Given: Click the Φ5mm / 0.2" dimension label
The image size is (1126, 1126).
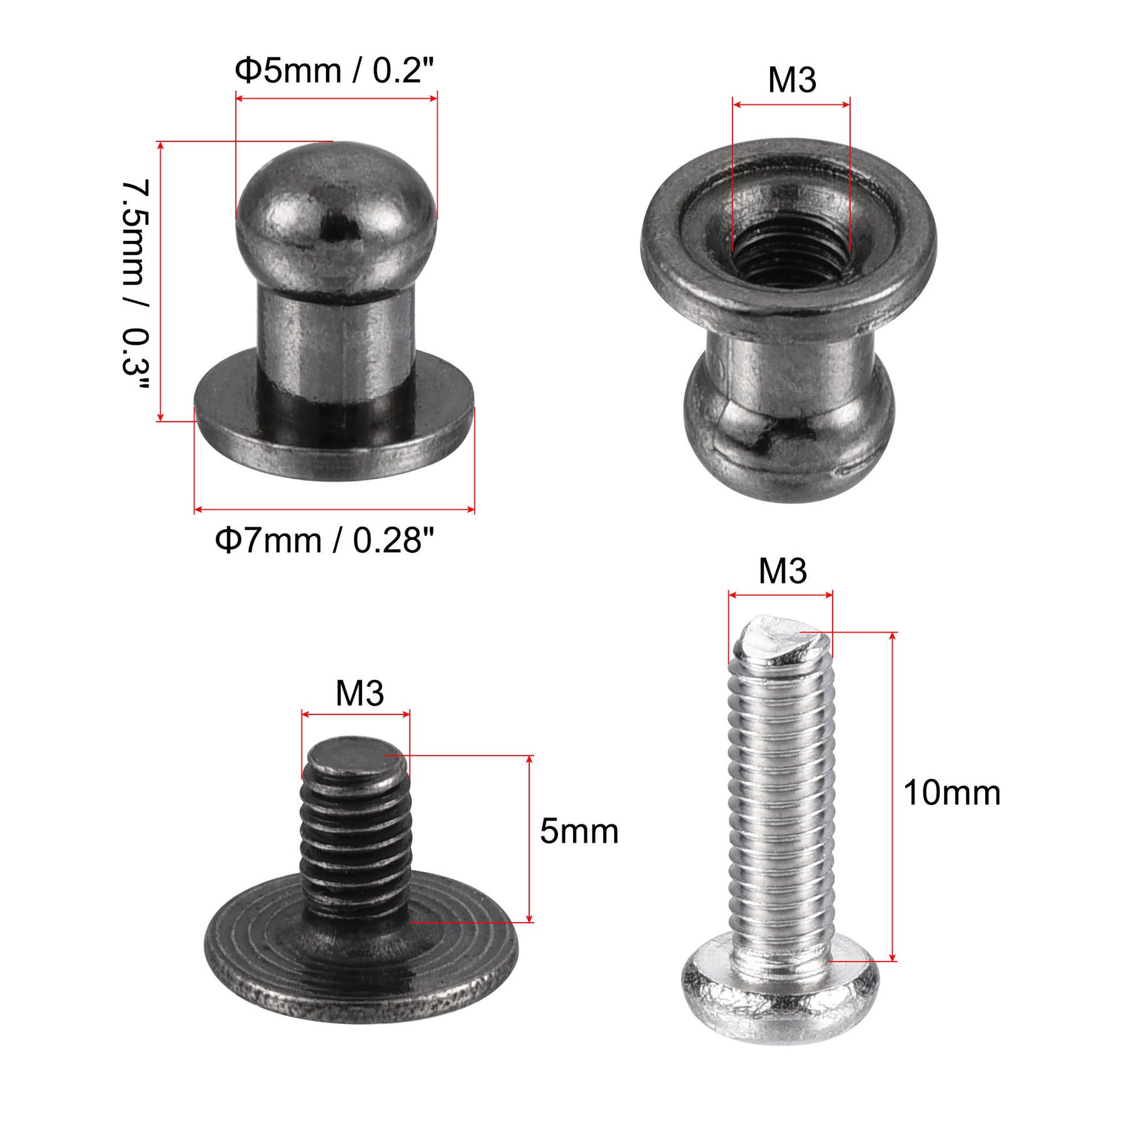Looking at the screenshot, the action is pos(334,70).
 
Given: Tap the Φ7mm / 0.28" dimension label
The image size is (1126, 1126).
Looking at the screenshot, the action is pos(324,540).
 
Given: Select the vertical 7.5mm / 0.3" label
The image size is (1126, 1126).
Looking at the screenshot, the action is pos(136,285).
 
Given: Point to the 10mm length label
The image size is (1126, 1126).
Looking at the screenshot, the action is pos(951,793).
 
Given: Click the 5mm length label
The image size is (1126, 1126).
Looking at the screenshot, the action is pos(579,831).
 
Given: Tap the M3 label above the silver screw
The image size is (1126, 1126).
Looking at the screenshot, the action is pos(783,571).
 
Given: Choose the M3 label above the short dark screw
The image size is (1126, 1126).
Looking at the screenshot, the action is pos(360,693).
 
